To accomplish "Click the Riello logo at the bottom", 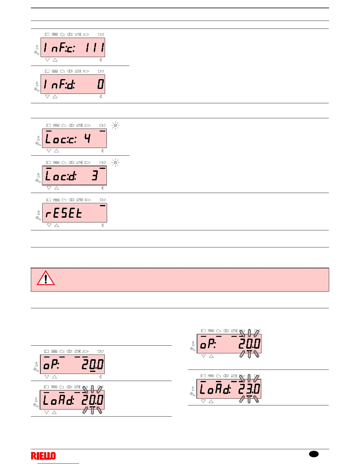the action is (43, 456).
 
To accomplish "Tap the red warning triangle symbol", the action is (46, 278).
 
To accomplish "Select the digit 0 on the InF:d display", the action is (101, 84).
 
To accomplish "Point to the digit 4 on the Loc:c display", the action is (87, 139).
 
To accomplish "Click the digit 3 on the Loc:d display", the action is (95, 176).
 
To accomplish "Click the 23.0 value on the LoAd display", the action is (249, 389).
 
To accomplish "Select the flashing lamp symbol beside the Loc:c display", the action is (116, 126).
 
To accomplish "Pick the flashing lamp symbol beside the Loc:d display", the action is (116, 163).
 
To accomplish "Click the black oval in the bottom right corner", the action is (314, 454).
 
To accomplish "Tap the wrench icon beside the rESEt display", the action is (38, 218).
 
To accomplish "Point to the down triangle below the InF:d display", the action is (47, 96).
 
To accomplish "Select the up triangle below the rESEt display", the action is (57, 225).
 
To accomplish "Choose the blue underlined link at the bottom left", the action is (59, 463).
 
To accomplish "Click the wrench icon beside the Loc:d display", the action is (38, 181).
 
